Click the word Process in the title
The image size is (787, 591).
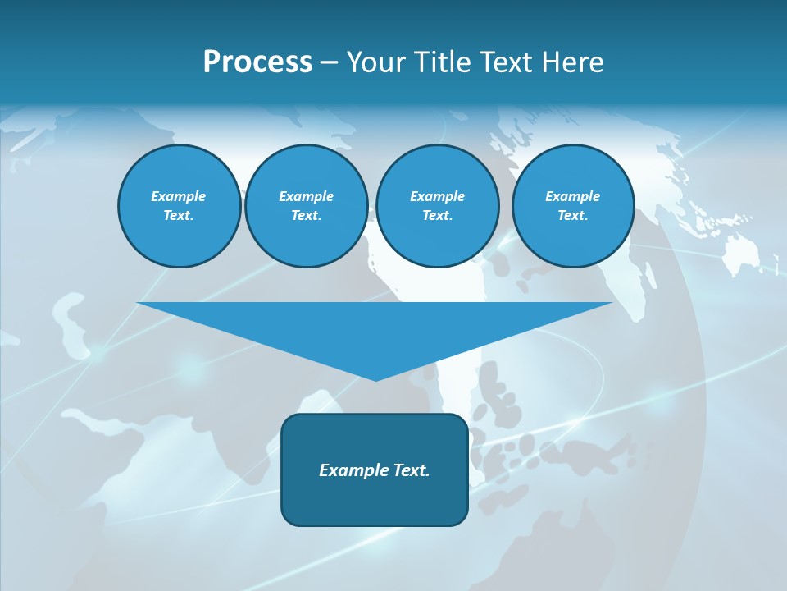point(257,62)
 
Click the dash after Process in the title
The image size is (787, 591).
point(329,63)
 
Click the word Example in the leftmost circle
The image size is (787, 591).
point(179,196)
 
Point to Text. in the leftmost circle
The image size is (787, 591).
point(179,215)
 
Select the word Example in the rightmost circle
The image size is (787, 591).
point(572,196)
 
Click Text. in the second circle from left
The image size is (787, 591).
point(306,215)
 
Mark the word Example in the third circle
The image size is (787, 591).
point(437,196)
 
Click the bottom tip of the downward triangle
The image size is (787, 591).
point(375,378)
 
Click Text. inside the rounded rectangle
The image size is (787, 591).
point(412,470)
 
